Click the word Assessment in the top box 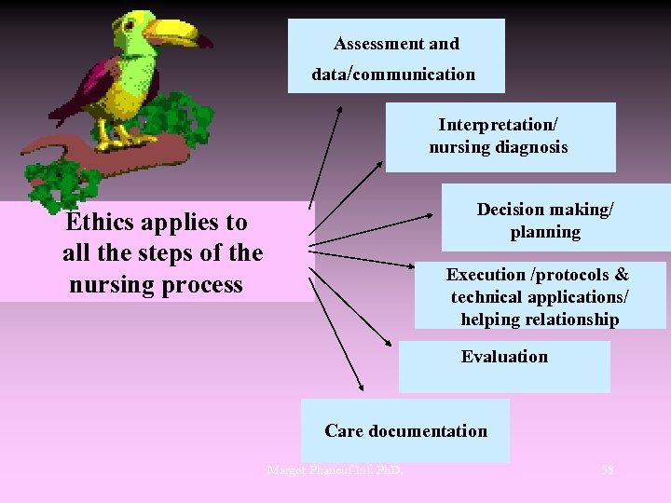click(368, 44)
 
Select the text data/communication click(393, 75)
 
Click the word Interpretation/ click(499, 125)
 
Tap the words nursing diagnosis click(499, 147)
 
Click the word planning click(545, 233)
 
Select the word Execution click(486, 275)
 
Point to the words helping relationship click(540, 320)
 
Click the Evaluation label click(504, 357)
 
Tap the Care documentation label click(405, 431)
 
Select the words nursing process click(156, 285)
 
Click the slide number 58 click(608, 469)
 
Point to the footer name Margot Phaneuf click(308, 469)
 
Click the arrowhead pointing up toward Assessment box click(340, 113)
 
